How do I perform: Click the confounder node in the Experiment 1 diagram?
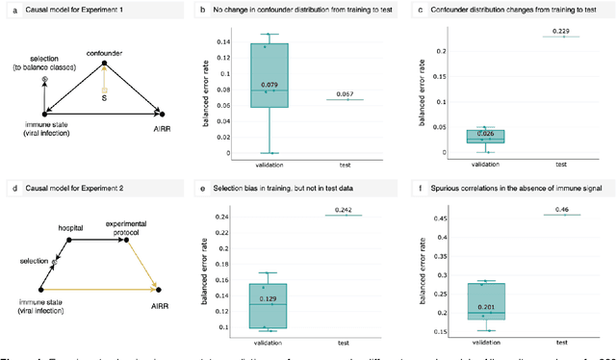(x=104, y=55)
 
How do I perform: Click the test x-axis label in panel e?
(x=342, y=341)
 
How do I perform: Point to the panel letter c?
(x=421, y=9)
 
